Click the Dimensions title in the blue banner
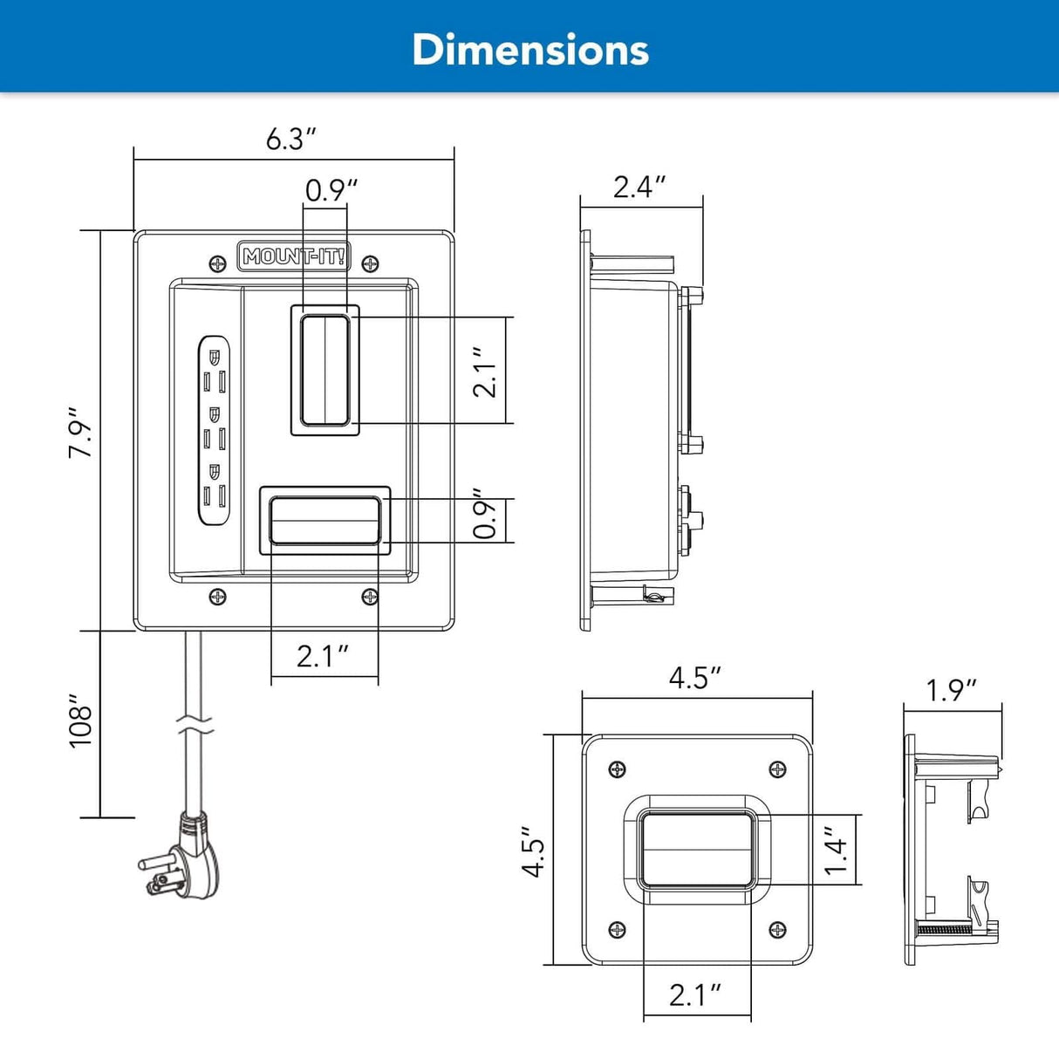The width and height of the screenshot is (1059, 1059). (529, 50)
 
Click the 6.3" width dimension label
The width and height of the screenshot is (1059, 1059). (290, 139)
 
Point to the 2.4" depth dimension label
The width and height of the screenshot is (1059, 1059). (639, 187)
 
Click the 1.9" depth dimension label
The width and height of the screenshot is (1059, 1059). (951, 690)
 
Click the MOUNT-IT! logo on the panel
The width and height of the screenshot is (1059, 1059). (294, 256)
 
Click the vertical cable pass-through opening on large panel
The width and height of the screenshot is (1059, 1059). (325, 370)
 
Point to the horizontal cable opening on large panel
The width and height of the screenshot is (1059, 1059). (325, 521)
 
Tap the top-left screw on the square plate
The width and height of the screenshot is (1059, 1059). (617, 769)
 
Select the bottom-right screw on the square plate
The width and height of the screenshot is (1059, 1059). (777, 930)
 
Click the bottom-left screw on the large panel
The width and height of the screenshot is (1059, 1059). (217, 597)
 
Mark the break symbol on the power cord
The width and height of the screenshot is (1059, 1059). (194, 723)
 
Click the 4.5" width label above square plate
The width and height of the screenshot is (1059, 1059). (695, 678)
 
